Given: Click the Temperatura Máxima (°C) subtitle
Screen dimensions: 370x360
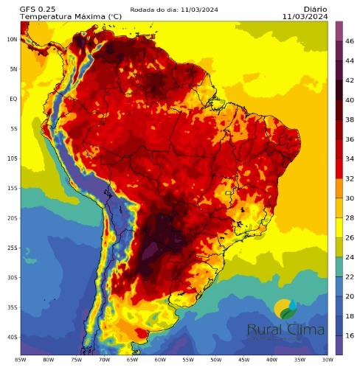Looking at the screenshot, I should pos(60,15).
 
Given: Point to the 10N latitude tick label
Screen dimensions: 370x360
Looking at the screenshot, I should pos(12,39).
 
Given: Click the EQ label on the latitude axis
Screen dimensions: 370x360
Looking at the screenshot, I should pos(13,99).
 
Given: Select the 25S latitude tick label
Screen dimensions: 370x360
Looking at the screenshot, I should pos(12,248).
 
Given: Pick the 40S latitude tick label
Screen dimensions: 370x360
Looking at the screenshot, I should pos(12,338).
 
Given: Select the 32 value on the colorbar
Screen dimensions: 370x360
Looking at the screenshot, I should pos(350,177).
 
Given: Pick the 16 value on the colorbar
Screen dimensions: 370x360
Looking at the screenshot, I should pos(350,335).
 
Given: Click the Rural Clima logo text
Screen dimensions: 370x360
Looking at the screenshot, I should pos(285,330).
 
